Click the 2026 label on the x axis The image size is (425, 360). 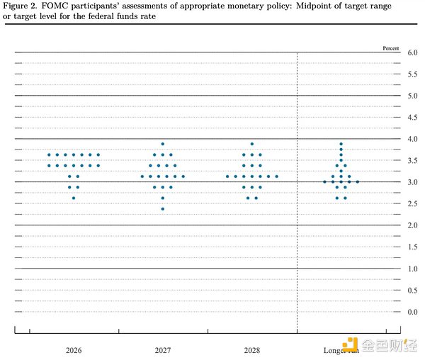pyautogui.click(x=73, y=350)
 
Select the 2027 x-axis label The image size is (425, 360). pyautogui.click(x=163, y=350)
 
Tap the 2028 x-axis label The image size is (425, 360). pyautogui.click(x=251, y=350)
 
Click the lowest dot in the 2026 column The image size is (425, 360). pyautogui.click(x=73, y=198)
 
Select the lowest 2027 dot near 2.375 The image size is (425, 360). pyautogui.click(x=163, y=209)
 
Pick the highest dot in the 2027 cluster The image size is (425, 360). pyautogui.click(x=163, y=144)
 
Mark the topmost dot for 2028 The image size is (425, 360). pyautogui.click(x=251, y=144)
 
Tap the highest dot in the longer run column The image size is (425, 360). pyautogui.click(x=341, y=144)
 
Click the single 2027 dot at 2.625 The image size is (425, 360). pyautogui.click(x=163, y=198)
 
